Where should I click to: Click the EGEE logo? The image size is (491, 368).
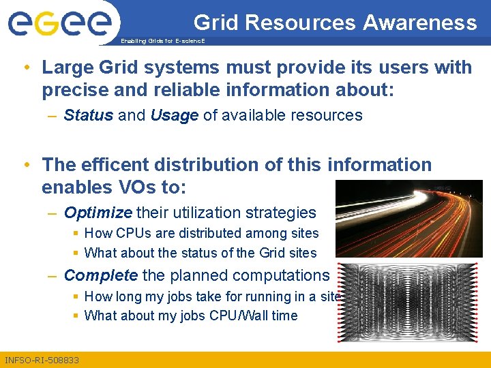[59, 24]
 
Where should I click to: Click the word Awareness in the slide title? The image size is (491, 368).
[419, 22]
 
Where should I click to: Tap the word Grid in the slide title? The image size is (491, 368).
[216, 22]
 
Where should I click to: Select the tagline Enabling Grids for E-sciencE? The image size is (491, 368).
[162, 42]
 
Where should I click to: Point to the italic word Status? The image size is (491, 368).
[88, 115]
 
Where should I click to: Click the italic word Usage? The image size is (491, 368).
[174, 115]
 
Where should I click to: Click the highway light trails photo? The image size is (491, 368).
[409, 218]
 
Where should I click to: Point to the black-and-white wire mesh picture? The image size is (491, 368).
[409, 303]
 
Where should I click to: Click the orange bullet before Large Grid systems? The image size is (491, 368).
[25, 67]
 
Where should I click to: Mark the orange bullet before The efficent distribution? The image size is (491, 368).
[25, 165]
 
